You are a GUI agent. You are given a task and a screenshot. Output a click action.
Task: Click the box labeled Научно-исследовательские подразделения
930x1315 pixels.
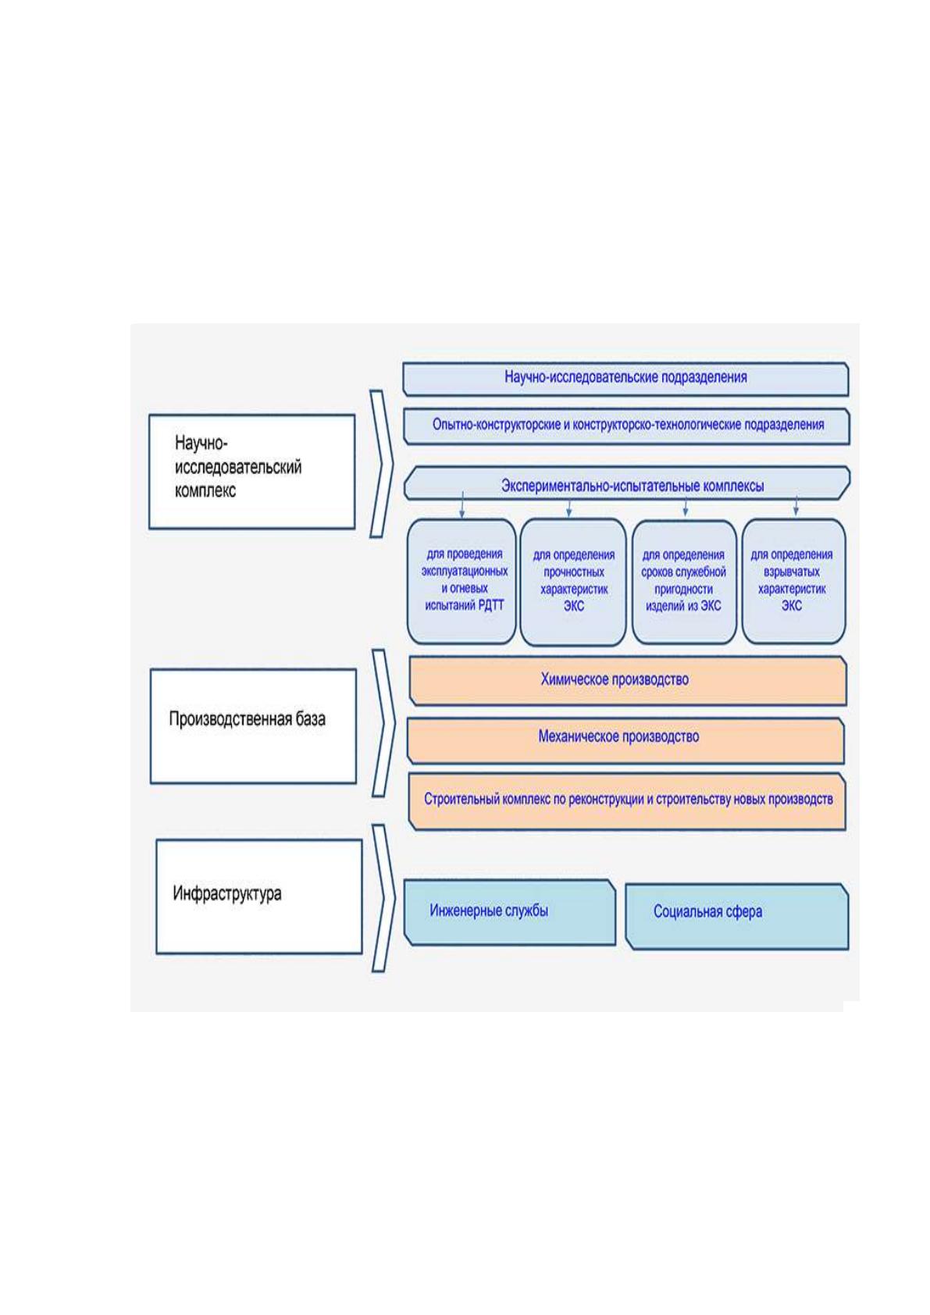(x=625, y=379)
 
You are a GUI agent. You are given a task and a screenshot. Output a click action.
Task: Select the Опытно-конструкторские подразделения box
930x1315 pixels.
(x=626, y=426)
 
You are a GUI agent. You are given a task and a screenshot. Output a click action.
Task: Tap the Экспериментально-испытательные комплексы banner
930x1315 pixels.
(x=626, y=483)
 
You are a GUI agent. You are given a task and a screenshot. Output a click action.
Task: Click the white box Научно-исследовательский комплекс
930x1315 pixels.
(x=252, y=472)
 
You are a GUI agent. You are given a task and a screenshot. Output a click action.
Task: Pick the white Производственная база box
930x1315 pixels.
(x=253, y=726)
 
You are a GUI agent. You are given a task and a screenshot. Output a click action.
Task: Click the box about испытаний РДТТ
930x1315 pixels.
(x=462, y=581)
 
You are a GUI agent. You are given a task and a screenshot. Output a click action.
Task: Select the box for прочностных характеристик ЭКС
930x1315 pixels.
(x=573, y=582)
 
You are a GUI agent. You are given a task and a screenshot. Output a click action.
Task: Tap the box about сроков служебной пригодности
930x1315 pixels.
(x=684, y=582)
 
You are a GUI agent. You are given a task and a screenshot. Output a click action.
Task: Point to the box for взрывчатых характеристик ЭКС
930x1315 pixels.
(x=794, y=581)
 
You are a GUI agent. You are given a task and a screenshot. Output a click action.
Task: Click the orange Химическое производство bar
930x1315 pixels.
(x=628, y=680)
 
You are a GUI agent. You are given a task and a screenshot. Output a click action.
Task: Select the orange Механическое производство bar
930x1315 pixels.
(x=626, y=740)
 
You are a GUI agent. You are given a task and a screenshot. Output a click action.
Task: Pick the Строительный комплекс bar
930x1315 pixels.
(x=627, y=801)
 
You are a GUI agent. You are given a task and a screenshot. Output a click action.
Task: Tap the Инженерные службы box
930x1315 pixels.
(x=510, y=912)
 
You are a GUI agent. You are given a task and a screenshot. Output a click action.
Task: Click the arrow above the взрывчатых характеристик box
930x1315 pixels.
(x=796, y=505)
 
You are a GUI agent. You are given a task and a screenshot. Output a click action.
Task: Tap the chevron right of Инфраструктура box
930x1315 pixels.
(x=384, y=898)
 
